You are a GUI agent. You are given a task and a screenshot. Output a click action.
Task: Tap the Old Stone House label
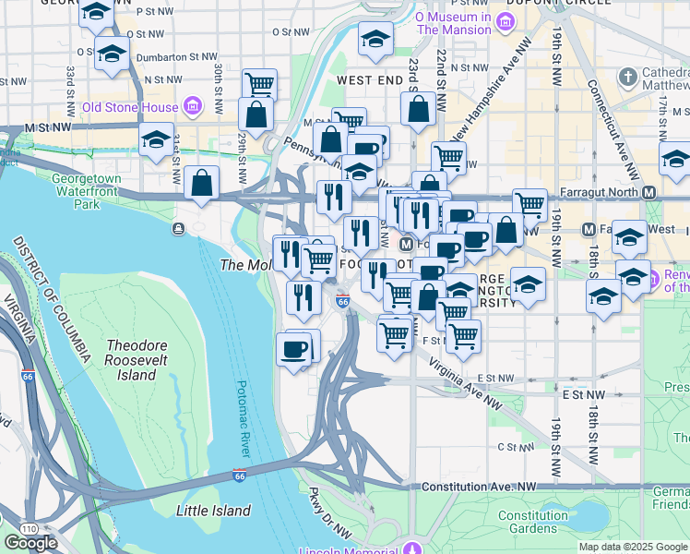[x=129, y=107]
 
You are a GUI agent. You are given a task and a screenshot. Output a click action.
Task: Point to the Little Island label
[x=213, y=510]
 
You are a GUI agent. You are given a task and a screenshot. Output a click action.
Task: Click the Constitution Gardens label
[x=534, y=523]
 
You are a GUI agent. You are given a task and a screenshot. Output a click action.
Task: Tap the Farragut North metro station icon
[x=649, y=192]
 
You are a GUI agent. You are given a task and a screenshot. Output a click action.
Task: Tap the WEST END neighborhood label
[x=369, y=81]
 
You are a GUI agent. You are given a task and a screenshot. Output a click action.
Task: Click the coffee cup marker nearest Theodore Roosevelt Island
[x=294, y=349]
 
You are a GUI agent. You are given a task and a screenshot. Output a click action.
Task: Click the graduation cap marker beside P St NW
[x=96, y=13]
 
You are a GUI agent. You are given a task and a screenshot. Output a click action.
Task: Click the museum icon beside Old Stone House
[x=193, y=107]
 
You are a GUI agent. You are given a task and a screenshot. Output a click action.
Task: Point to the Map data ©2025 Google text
[x=632, y=547]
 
